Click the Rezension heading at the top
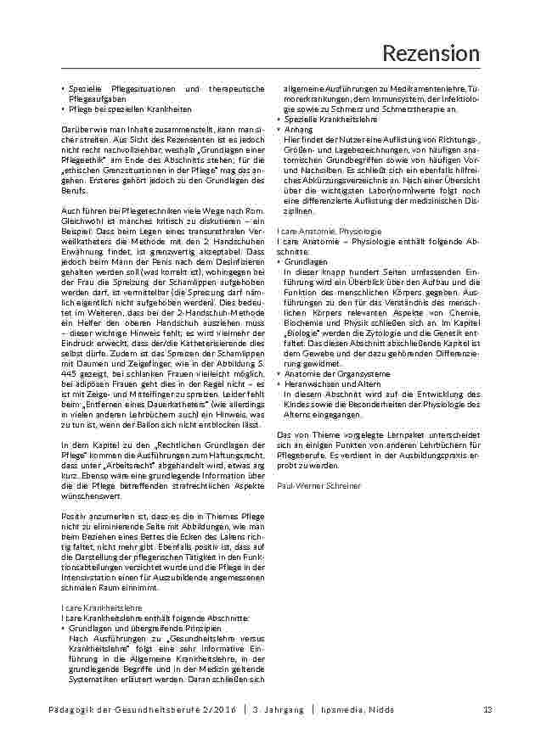[x=431, y=53]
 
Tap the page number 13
[x=487, y=709]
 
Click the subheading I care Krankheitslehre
[x=100, y=608]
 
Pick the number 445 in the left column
[x=71, y=375]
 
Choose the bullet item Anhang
[x=296, y=129]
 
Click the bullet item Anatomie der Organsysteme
[x=325, y=374]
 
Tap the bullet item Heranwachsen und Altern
[x=322, y=383]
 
